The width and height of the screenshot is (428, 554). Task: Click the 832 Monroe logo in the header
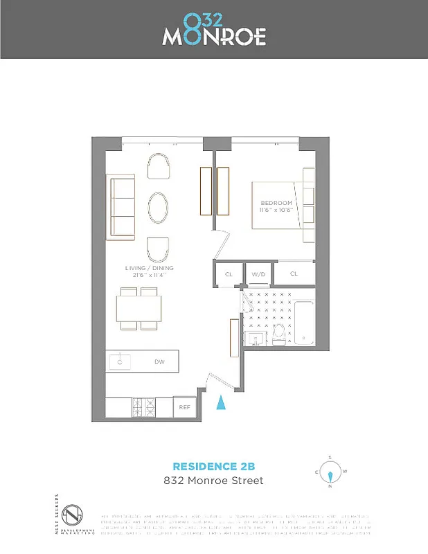pyautogui.click(x=214, y=30)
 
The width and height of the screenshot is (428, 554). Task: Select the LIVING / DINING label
pyautogui.click(x=149, y=268)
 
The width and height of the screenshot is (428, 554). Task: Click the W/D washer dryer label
pyautogui.click(x=258, y=274)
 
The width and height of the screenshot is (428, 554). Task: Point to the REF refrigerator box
pyautogui.click(x=184, y=408)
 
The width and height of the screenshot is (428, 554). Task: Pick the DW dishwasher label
pyautogui.click(x=159, y=361)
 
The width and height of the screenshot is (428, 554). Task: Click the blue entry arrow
pyautogui.click(x=221, y=403)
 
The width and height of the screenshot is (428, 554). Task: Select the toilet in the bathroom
pyautogui.click(x=278, y=334)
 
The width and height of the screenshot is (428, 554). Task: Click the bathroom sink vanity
pyautogui.click(x=254, y=338)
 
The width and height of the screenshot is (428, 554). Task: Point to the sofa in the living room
pyautogui.click(x=121, y=207)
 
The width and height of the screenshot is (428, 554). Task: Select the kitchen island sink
pyautogui.click(x=121, y=361)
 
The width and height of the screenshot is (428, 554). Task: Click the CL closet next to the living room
pyautogui.click(x=229, y=274)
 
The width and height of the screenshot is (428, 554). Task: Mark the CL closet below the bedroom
pyautogui.click(x=294, y=274)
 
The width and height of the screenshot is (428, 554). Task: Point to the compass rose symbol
pyautogui.click(x=330, y=474)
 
